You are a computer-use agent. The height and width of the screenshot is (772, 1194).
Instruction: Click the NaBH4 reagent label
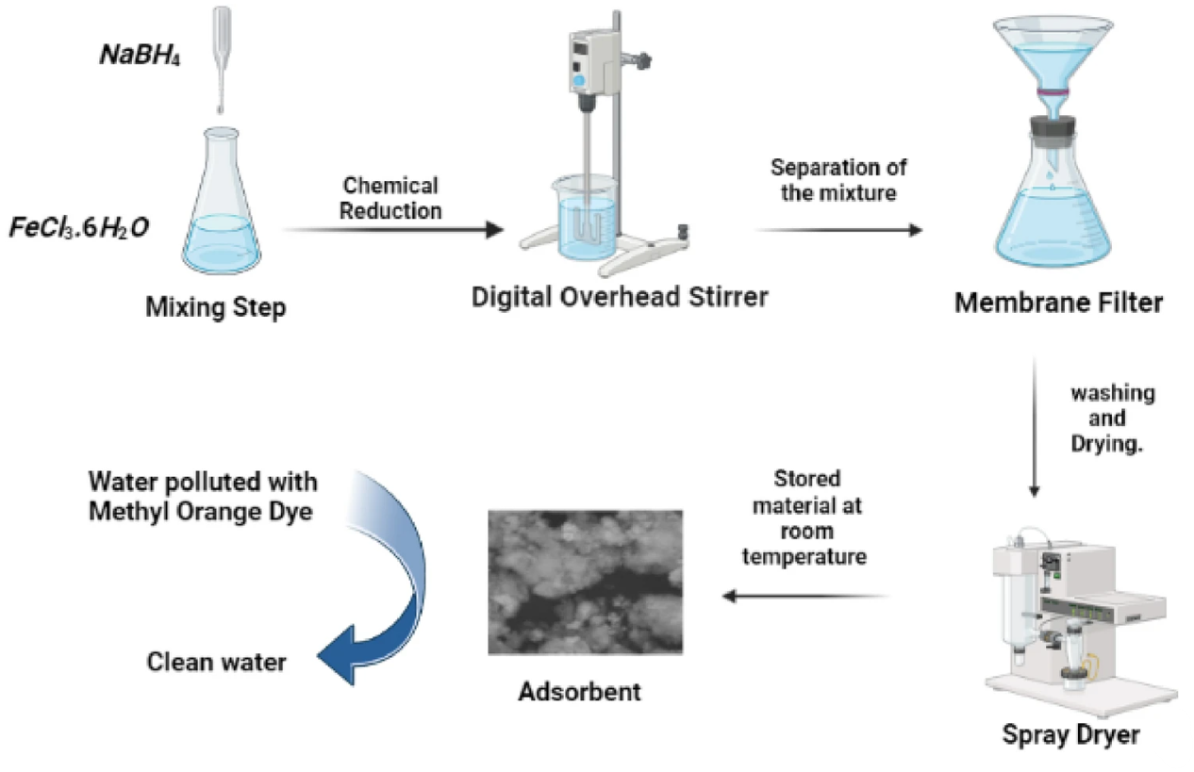tap(141, 55)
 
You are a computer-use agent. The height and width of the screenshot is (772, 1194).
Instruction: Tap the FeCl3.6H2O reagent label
tap(79, 229)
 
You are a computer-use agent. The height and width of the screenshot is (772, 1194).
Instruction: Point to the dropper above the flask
tap(222, 57)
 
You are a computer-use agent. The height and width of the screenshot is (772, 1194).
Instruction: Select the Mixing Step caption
tap(216, 307)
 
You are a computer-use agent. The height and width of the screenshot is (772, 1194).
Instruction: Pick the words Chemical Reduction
tap(390, 198)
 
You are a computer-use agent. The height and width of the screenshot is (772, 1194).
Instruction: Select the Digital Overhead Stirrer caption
tap(621, 297)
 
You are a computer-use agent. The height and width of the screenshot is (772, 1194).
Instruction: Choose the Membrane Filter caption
tap(1059, 304)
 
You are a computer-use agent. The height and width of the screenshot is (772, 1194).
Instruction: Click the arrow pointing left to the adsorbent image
tap(805, 596)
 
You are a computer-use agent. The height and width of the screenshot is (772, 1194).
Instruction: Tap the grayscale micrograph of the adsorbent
tap(585, 582)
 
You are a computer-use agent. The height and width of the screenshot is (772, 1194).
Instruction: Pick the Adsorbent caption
tap(580, 691)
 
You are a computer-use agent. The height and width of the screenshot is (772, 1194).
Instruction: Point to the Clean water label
tap(216, 663)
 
